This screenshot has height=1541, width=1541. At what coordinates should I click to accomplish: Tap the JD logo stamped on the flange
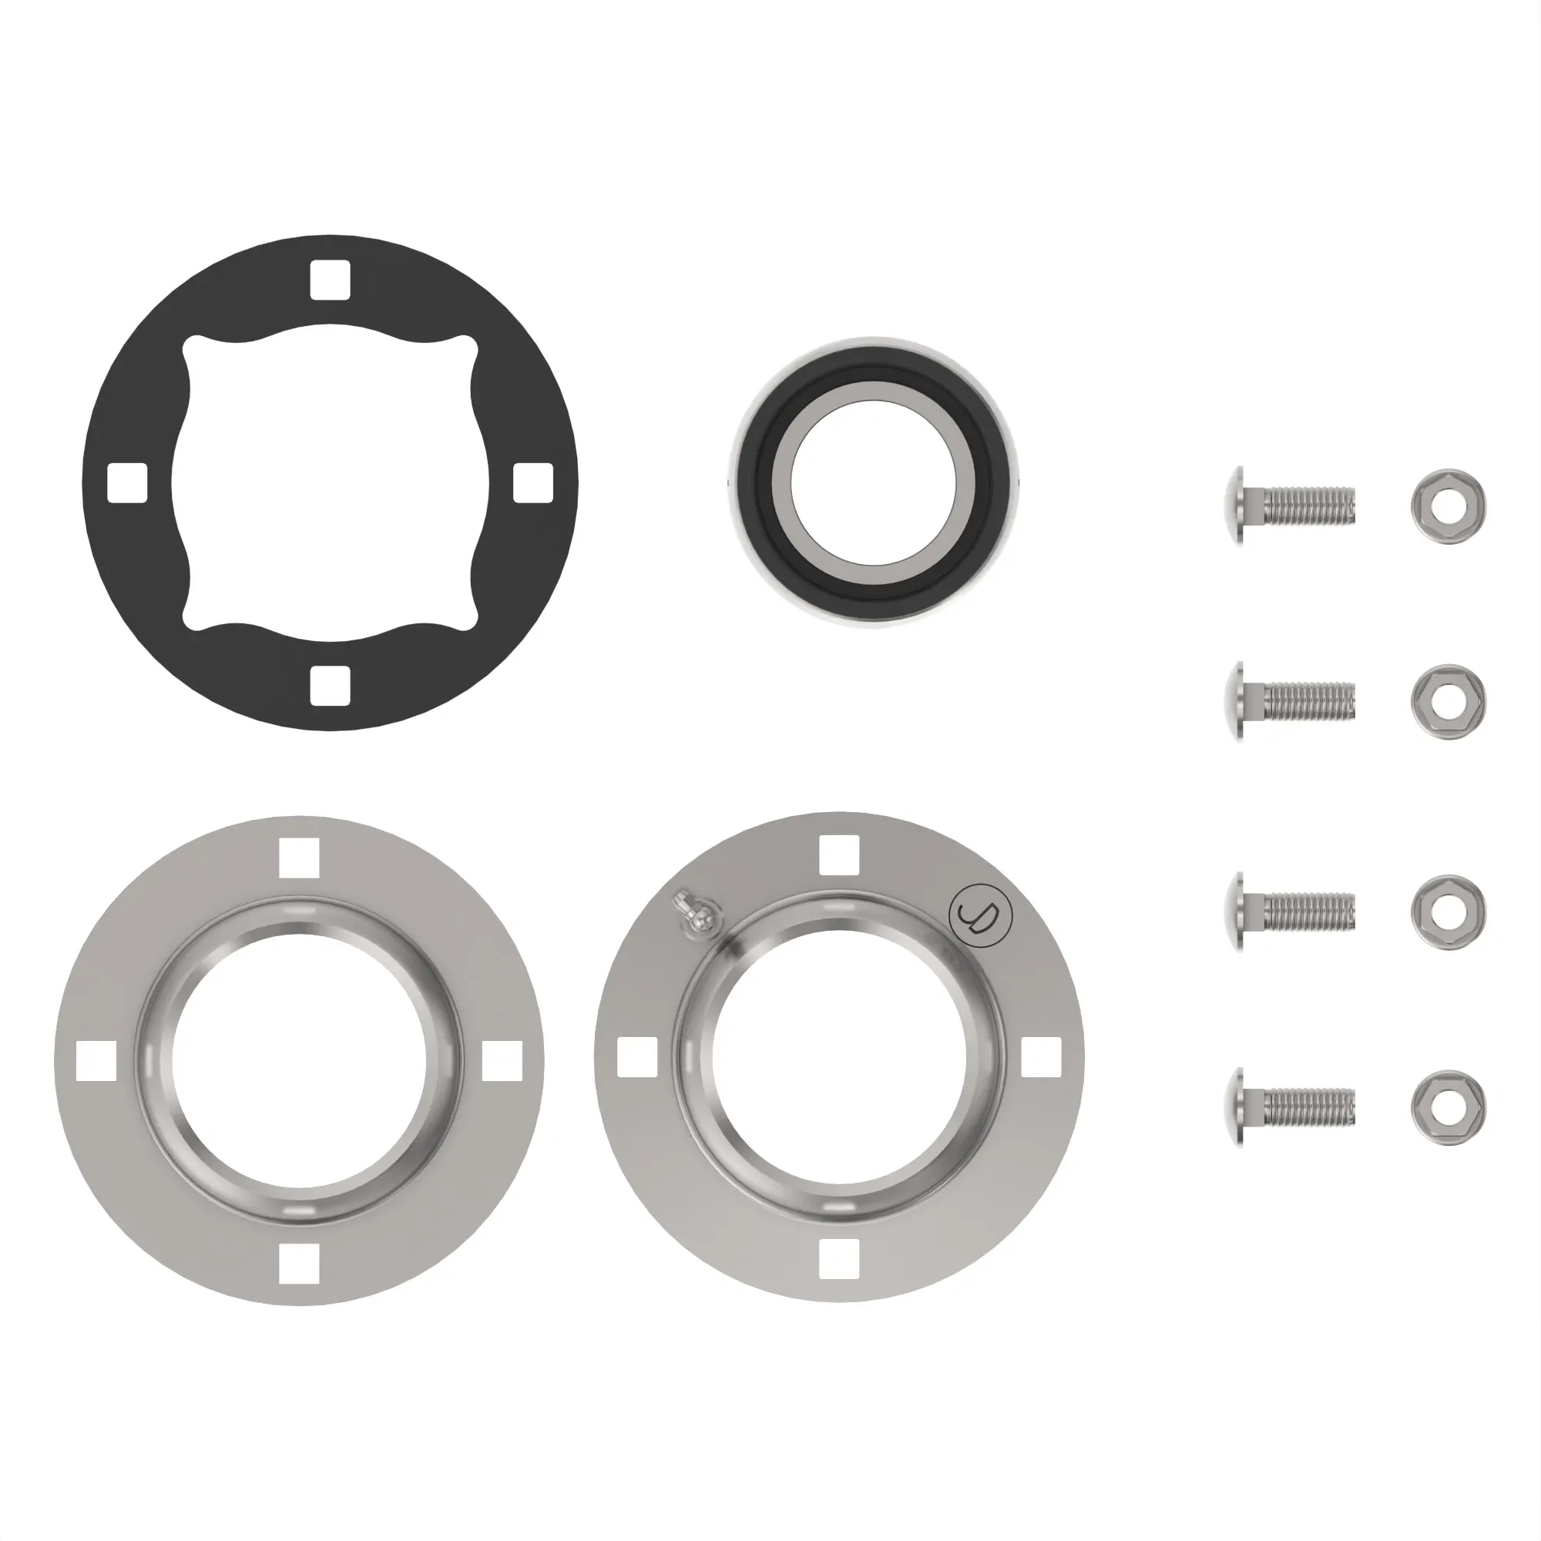coord(980,914)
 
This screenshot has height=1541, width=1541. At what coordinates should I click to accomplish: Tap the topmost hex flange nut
coord(1448,505)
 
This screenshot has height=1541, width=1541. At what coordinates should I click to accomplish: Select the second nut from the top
coord(1448,702)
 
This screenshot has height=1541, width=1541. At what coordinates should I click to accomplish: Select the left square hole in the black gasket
coord(127,482)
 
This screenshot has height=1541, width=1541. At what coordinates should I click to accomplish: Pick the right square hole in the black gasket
coord(533,482)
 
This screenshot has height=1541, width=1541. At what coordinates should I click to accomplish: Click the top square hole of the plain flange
coord(299,858)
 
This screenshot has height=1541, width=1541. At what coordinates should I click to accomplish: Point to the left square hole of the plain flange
coord(96,1061)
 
